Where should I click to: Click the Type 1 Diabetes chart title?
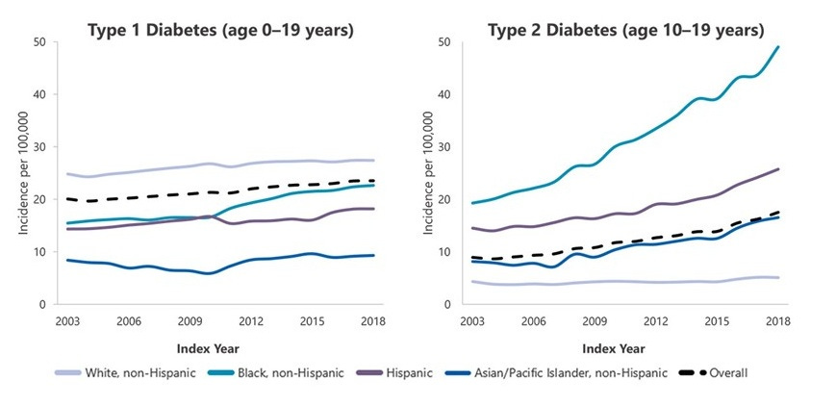pyautogui.click(x=220, y=31)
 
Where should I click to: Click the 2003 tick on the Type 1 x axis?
pyautogui.click(x=66, y=320)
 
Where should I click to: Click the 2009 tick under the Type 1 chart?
pyautogui.click(x=190, y=320)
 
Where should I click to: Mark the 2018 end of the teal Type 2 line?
pyautogui.click(x=778, y=47)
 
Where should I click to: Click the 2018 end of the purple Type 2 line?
pyautogui.click(x=778, y=169)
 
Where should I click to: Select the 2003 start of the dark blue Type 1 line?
pyautogui.click(x=66, y=260)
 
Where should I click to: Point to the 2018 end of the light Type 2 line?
pyautogui.click(x=778, y=278)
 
